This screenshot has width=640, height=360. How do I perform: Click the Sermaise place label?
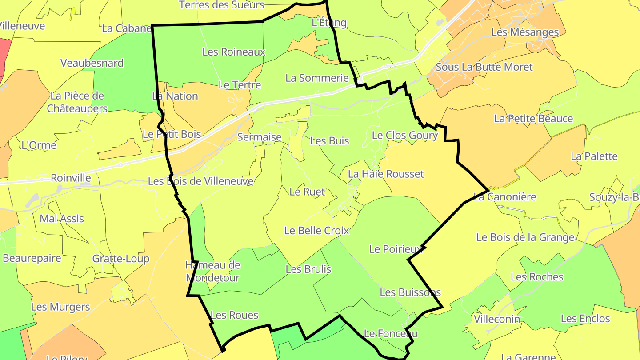point(260,137)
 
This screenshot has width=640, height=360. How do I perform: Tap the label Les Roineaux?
point(234,52)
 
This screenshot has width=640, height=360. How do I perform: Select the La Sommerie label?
point(317,78)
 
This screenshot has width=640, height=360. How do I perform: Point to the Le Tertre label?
point(240,84)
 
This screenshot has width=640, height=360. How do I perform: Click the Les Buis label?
point(329,141)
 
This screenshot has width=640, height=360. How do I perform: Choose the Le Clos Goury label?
point(404,135)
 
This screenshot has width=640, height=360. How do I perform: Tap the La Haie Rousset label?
point(386,174)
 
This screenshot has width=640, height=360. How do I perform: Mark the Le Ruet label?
point(307,192)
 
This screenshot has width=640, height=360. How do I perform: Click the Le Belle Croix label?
point(316,231)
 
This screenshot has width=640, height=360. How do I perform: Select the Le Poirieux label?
point(395,249)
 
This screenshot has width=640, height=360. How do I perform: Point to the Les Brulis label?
point(308,269)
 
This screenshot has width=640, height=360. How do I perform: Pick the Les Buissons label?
point(410,292)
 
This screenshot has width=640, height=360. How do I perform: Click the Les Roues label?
point(234,315)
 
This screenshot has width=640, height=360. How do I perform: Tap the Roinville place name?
point(71,178)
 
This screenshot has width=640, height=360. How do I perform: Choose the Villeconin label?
point(497,319)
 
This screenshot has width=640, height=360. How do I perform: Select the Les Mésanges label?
point(525,32)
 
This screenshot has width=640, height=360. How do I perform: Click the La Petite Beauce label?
point(533,119)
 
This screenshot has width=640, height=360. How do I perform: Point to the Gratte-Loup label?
point(121,259)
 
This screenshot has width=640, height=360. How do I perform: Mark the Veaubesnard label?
point(92,63)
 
